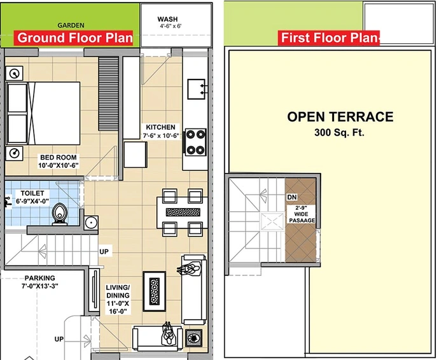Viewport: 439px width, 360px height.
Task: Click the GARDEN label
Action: tap(71, 25)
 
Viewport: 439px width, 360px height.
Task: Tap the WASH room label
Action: tap(167, 19)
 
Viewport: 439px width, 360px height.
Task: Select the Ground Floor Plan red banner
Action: tap(74, 38)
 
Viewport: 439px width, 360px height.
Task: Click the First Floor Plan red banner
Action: tap(329, 38)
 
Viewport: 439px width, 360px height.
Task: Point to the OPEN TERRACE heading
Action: tap(340, 117)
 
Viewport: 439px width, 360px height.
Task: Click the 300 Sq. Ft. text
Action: tap(339, 132)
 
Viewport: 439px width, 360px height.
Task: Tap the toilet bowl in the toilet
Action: tap(60, 214)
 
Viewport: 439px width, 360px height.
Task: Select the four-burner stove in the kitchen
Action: tap(196, 142)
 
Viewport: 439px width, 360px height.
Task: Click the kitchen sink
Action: tap(197, 89)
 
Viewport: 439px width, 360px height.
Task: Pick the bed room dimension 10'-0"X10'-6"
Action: tap(59, 165)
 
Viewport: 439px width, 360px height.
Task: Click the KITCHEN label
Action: tap(161, 127)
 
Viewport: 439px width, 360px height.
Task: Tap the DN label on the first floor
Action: tap(292, 197)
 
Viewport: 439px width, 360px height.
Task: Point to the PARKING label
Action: tap(39, 278)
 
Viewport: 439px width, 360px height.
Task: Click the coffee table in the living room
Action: tap(154, 291)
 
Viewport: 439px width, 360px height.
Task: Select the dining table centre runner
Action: tap(183, 212)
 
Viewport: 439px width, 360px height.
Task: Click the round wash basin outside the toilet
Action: tap(91, 223)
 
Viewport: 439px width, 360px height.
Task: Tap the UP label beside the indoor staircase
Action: tap(104, 252)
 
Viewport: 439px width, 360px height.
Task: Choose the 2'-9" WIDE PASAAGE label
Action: tap(302, 214)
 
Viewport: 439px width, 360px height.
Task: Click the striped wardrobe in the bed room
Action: tap(108, 93)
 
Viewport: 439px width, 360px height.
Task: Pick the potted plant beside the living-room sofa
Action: tap(193, 338)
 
